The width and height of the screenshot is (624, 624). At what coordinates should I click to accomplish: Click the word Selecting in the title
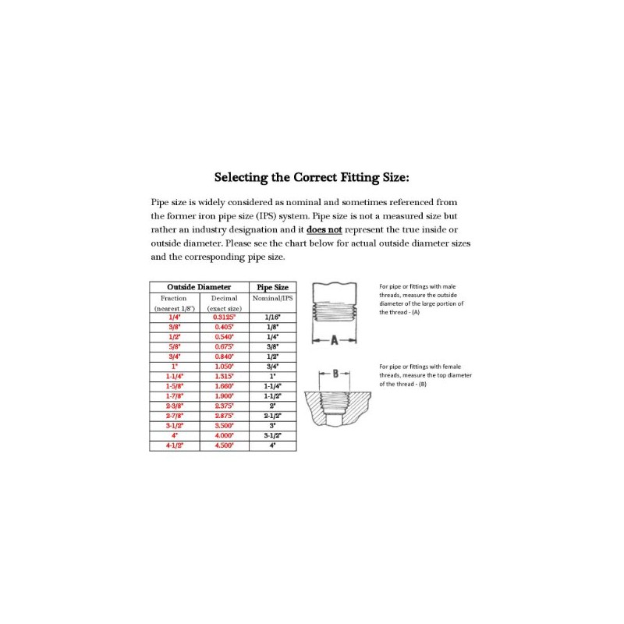point(243,177)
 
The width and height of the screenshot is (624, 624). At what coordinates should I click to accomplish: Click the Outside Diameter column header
point(199,287)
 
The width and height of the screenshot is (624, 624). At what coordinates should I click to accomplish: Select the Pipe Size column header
point(272,287)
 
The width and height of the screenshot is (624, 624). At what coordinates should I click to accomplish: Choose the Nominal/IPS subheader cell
point(272,298)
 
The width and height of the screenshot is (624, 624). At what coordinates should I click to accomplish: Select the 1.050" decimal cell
point(224,366)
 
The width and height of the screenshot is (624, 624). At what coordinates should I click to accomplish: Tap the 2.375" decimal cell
point(224,406)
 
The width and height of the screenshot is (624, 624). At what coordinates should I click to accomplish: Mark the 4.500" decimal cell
point(224,446)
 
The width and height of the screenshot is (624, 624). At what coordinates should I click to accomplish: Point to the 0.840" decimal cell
point(224,356)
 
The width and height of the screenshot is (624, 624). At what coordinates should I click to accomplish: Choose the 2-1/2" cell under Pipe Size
point(272,417)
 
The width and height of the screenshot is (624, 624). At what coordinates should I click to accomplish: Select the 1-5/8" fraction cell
point(174,386)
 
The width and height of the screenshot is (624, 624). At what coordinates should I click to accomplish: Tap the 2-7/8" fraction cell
point(174,417)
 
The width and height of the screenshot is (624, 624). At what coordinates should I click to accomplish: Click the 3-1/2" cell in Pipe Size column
point(272,436)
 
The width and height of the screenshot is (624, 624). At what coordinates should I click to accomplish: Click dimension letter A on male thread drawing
point(333,340)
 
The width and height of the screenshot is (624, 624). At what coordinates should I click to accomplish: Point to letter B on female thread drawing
point(335,374)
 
